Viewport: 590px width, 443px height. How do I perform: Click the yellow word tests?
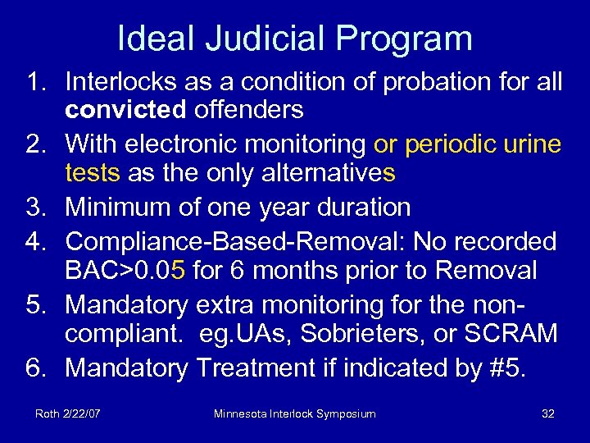(x=93, y=172)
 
